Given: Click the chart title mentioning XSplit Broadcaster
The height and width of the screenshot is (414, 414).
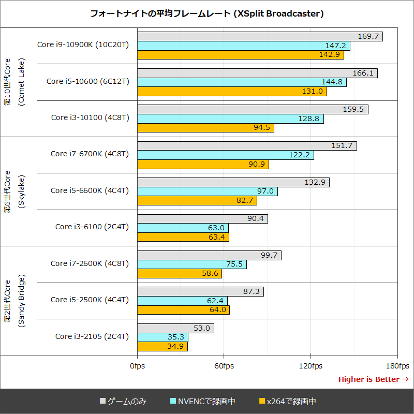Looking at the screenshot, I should [x=207, y=14].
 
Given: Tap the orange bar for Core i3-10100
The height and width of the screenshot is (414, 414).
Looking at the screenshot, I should [x=205, y=128].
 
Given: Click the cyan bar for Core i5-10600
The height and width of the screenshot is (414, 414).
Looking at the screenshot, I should [x=242, y=82].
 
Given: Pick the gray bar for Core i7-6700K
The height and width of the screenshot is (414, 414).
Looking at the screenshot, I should [x=247, y=146].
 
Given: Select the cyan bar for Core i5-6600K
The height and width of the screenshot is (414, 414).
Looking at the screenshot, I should [x=207, y=191].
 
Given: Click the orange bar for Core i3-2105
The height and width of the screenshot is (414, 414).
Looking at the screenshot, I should [x=162, y=347].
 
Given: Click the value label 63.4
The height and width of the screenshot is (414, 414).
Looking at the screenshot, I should [x=217, y=238].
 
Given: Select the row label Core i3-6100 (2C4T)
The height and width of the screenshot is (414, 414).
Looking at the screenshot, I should [x=92, y=227].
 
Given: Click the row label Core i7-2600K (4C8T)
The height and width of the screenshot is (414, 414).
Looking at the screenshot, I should [x=90, y=263].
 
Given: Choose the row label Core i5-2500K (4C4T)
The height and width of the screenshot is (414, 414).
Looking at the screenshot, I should [x=90, y=300].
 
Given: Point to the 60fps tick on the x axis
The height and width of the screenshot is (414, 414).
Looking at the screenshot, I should [x=224, y=366].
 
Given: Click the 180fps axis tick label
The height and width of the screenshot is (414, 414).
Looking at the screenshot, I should [x=397, y=366].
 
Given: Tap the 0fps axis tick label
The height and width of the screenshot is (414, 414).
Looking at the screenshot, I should [x=137, y=366].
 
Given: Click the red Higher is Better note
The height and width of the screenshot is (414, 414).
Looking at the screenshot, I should [x=373, y=379].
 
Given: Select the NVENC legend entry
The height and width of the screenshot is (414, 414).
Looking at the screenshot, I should [x=202, y=401].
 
